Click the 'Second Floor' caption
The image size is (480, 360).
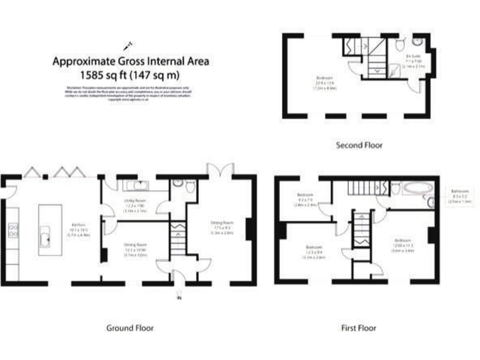(x=359, y=145)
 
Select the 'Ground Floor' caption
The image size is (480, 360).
(x=131, y=327)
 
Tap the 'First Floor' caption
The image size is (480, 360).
(x=358, y=327)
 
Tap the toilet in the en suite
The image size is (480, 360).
(x=400, y=43)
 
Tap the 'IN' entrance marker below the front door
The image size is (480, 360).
(x=178, y=297)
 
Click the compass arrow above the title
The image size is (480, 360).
(x=129, y=44)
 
